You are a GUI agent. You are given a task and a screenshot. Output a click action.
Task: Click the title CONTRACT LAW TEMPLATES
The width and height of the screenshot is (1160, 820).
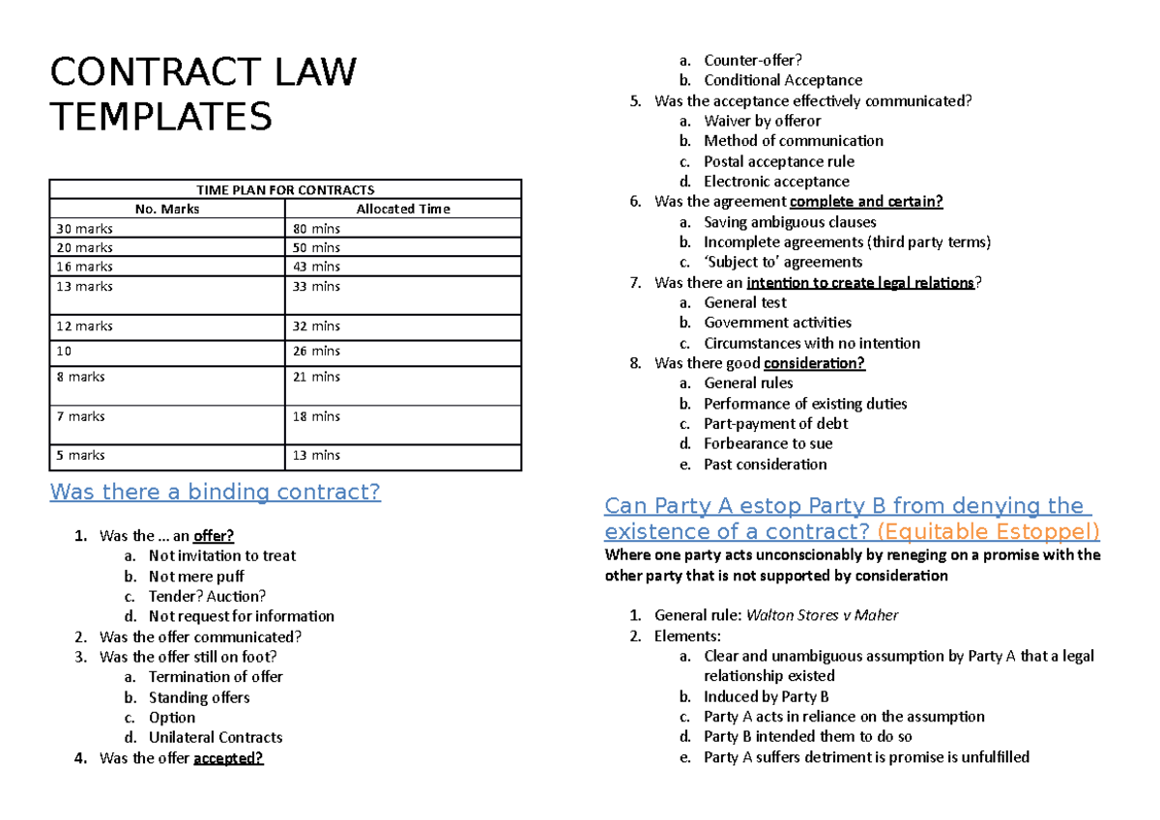[203, 95]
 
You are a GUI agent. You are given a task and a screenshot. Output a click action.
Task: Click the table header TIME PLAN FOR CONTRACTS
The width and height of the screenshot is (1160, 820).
[285, 189]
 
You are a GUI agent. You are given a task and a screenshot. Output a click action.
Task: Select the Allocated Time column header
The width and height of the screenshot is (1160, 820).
[403, 209]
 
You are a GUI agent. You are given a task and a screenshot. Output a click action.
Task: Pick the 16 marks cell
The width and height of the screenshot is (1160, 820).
[84, 267]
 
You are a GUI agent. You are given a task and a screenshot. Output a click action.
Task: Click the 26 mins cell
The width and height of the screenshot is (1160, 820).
[317, 351]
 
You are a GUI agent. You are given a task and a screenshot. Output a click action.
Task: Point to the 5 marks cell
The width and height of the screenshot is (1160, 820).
[80, 455]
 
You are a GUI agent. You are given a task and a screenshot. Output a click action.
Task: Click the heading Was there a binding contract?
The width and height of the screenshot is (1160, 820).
[215, 493]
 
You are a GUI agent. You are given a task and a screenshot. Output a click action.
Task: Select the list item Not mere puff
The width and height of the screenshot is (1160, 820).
[196, 577]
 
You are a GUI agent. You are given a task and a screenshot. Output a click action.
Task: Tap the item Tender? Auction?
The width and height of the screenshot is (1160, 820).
[207, 596]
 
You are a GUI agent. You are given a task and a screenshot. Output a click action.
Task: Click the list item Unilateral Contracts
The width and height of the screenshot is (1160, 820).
[216, 737]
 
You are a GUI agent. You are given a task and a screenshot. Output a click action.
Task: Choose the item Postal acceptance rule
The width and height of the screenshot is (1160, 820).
[778, 161]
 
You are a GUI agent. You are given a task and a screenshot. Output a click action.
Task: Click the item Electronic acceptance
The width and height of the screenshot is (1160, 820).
[776, 182]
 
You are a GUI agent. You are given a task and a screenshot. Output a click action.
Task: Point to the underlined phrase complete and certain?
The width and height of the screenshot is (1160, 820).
[866, 202]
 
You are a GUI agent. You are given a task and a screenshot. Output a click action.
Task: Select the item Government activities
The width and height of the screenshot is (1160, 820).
[777, 323]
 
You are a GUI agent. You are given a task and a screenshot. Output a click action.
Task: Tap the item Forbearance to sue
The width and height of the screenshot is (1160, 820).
[768, 443]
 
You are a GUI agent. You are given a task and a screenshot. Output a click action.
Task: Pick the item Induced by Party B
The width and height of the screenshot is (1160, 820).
[766, 696]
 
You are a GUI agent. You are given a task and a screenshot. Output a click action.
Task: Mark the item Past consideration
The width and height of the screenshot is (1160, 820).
[765, 464]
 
